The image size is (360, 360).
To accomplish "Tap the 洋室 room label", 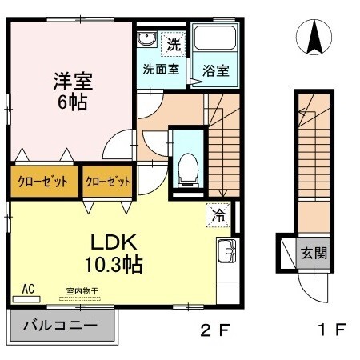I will tap(73, 81).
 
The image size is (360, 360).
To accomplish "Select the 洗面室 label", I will tap(160, 69).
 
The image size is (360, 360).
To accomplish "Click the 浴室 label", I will tap(215, 70).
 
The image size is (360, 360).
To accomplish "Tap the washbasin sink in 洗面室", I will tap(146, 41).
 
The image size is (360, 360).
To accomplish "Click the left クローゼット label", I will tap(45, 181).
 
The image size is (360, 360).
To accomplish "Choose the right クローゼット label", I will tap(108, 181).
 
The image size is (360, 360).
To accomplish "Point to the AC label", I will tap(28, 289).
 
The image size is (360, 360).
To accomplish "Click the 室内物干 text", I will tap(79, 292).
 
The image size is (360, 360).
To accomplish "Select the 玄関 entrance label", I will tap(313, 253).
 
